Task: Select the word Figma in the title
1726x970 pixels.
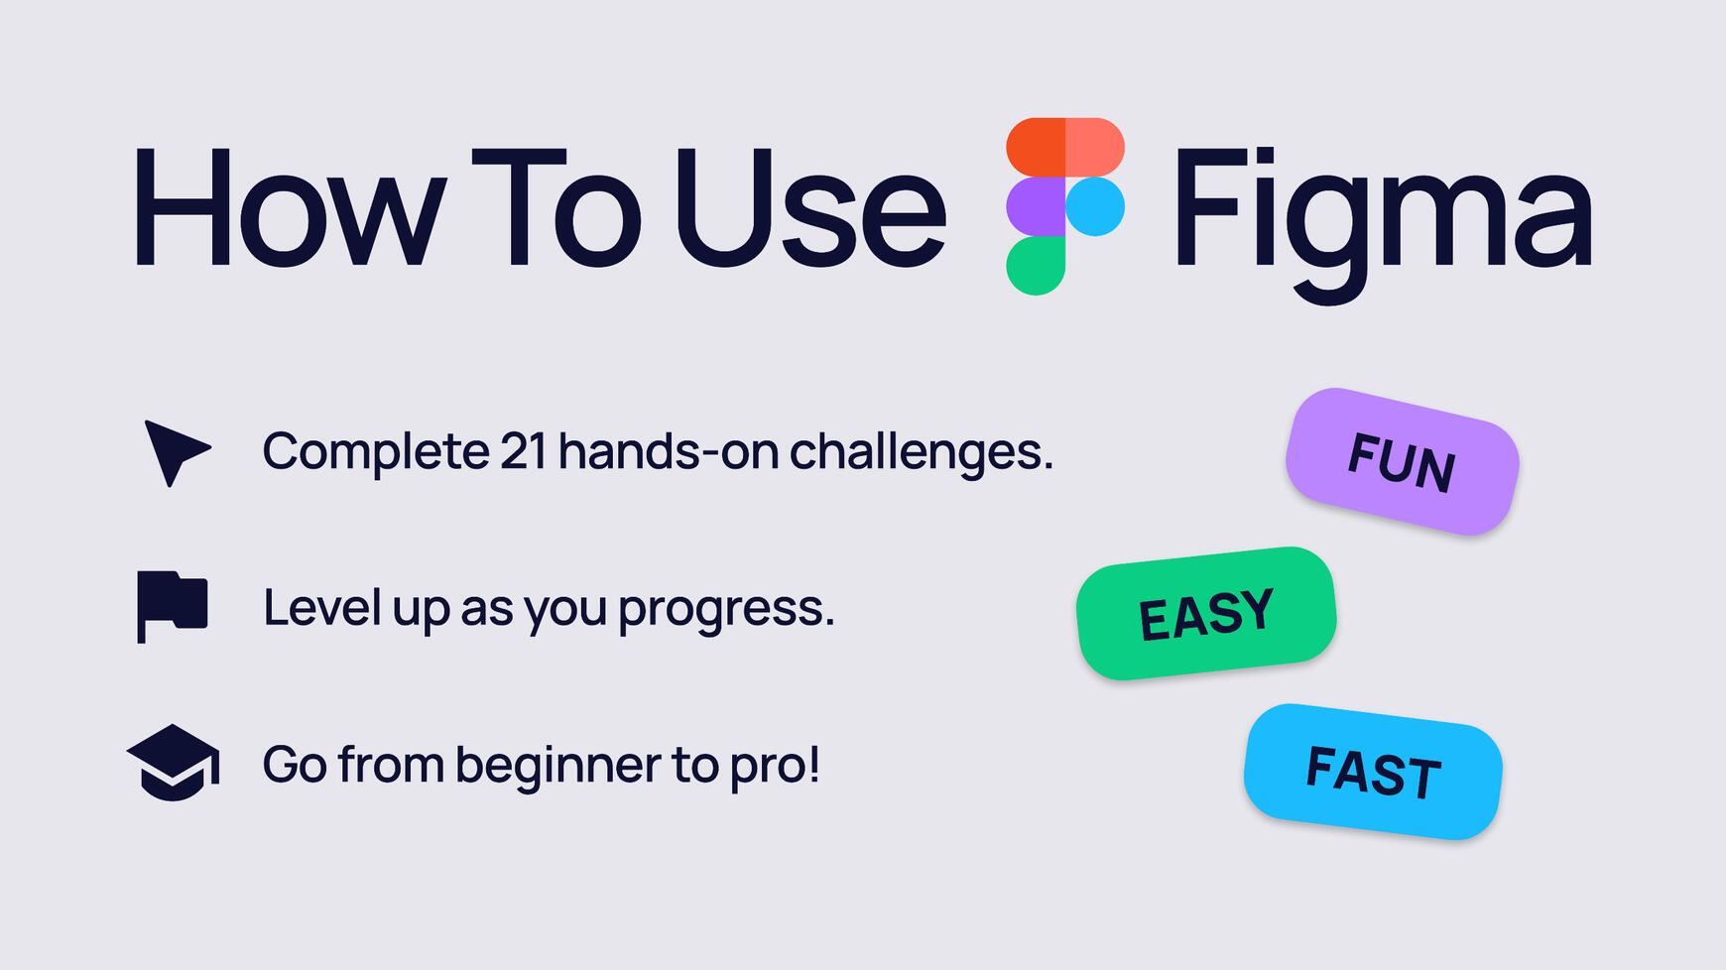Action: (x=1383, y=213)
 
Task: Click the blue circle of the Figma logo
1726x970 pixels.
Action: (x=1095, y=206)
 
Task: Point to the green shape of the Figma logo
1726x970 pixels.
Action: (x=1036, y=266)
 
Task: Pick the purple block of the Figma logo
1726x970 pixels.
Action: (x=1036, y=206)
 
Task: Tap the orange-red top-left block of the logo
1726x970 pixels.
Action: (x=1036, y=147)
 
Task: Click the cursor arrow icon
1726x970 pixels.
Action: (x=175, y=451)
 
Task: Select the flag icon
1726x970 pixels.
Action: (x=172, y=605)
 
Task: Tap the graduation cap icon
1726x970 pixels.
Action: (x=174, y=763)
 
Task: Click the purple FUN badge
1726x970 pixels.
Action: (x=1402, y=462)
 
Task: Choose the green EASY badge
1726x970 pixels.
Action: (x=1206, y=613)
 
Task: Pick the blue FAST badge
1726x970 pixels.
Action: (x=1373, y=772)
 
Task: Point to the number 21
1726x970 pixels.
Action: (x=523, y=451)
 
